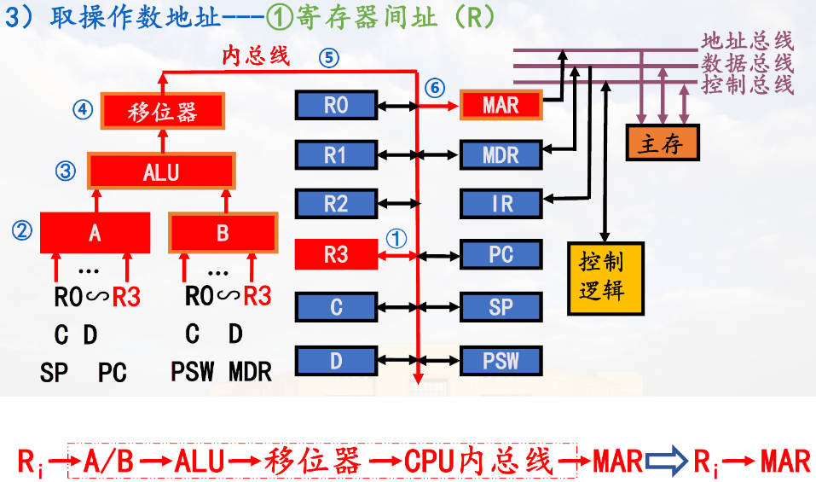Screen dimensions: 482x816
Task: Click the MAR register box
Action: point(501,105)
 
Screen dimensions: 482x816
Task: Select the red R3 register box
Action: point(336,254)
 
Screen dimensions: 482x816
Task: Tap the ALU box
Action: point(161,171)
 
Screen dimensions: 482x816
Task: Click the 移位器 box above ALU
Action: point(162,112)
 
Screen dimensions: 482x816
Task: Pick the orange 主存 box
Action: point(660,143)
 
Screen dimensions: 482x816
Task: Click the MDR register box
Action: point(501,154)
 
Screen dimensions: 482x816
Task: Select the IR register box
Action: point(501,204)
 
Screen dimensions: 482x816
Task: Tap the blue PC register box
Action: point(501,254)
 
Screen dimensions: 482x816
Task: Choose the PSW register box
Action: point(501,360)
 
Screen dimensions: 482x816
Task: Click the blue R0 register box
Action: point(336,105)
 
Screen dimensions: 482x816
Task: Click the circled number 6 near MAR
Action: point(435,87)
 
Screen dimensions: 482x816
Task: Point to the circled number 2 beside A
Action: point(22,229)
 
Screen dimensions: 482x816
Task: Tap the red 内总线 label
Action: point(256,56)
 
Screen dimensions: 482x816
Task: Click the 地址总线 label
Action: point(747,41)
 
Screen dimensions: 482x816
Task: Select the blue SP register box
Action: point(501,307)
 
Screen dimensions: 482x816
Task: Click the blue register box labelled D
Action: point(336,360)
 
